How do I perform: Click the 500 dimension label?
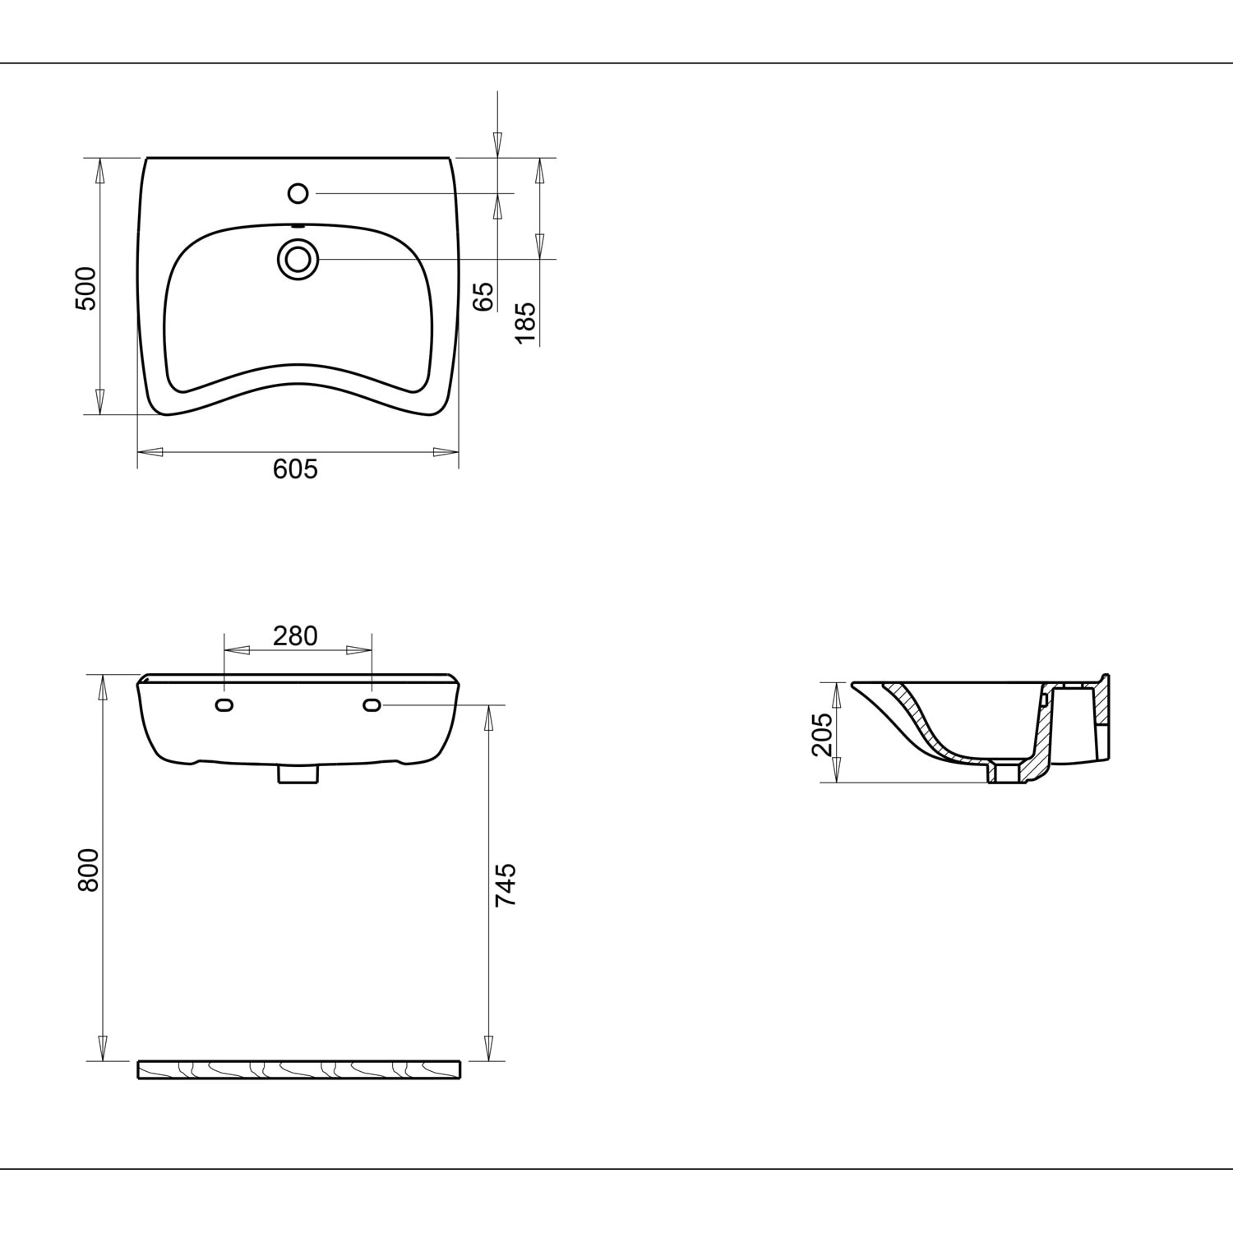(86, 289)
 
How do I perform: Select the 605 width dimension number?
(295, 469)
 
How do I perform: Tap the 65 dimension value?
(484, 296)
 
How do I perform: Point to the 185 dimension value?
(525, 322)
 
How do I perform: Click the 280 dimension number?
(295, 635)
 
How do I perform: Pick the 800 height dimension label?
(88, 870)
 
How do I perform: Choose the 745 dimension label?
(506, 884)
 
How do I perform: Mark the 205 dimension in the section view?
(822, 734)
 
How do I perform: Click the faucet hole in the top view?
(298, 193)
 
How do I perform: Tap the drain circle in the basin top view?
(298, 259)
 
